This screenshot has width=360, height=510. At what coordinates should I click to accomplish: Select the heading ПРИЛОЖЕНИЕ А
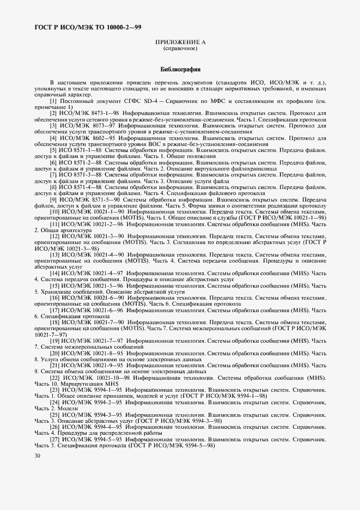click(x=180, y=42)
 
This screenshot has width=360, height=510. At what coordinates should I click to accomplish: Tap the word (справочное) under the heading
click(x=180, y=48)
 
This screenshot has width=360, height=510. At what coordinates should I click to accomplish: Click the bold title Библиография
click(x=180, y=70)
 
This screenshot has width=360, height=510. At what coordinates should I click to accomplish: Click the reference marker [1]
click(x=53, y=101)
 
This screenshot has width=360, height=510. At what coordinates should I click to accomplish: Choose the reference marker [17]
click(x=54, y=310)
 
